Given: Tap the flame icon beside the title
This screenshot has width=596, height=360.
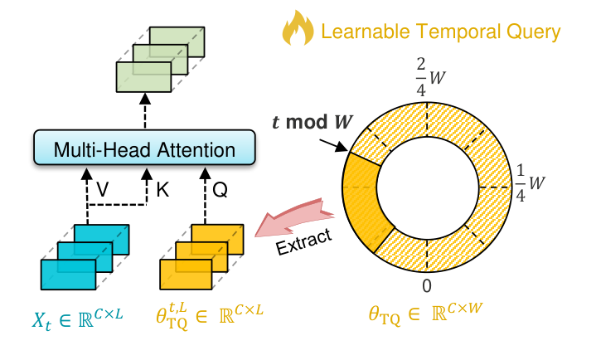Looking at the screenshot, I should click(298, 31).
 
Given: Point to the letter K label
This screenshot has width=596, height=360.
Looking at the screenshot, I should click(162, 190).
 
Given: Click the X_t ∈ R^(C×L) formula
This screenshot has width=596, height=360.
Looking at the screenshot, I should click(81, 316).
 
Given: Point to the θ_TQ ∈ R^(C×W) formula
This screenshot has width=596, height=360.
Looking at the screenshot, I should click(426, 316).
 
